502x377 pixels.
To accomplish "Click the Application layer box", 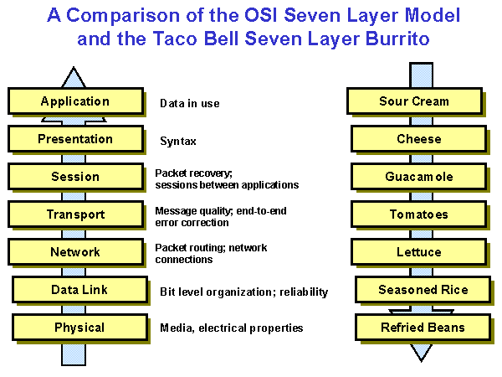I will tap(74, 101).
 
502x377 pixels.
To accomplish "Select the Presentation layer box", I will tap(74, 139).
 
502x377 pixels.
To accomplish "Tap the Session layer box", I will tap(74, 177).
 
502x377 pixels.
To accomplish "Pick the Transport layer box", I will tap(74, 214).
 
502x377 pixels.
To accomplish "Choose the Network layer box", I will tap(74, 252).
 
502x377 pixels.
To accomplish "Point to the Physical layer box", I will tap(79, 327).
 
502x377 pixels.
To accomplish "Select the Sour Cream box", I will tap(413, 101).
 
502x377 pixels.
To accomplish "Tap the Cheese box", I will tap(418, 139).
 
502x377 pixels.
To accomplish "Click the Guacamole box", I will tap(418, 177).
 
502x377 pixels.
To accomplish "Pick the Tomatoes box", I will tap(418, 214).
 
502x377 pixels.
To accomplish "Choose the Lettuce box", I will tap(418, 252).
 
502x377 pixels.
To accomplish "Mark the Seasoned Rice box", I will tap(423, 290).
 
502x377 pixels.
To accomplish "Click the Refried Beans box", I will tap(423, 327).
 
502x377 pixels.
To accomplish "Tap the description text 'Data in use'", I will tap(189, 104).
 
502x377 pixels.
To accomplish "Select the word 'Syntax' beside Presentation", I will tap(178, 142).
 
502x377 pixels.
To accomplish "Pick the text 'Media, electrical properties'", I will tap(231, 328).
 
